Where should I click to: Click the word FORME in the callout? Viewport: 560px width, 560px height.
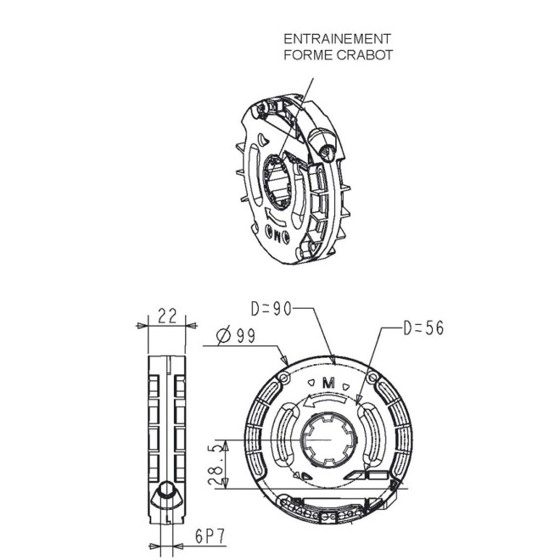305,54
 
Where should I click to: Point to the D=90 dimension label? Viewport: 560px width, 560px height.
271,307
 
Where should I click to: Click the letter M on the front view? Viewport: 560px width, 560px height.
331,381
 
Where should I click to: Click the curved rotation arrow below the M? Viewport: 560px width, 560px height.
331,405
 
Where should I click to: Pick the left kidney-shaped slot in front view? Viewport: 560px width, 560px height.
284,437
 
